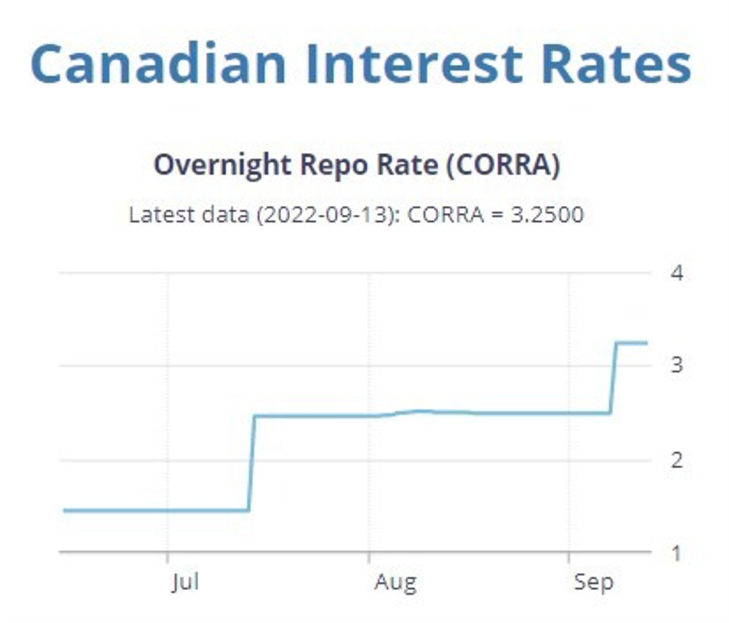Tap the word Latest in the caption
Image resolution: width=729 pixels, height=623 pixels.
click(x=158, y=215)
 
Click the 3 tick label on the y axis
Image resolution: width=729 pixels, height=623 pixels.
click(x=677, y=365)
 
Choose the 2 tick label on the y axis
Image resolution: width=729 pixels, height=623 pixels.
click(x=677, y=459)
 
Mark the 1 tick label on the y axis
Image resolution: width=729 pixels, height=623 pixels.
click(x=677, y=553)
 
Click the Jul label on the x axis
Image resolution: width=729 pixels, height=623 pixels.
click(x=185, y=582)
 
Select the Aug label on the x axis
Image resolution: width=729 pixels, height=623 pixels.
click(x=395, y=582)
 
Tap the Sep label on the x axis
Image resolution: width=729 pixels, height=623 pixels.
click(x=594, y=582)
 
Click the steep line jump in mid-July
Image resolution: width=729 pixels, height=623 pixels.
click(x=252, y=462)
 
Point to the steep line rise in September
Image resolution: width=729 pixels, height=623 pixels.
click(x=614, y=378)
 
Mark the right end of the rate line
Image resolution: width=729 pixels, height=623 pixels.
click(x=647, y=343)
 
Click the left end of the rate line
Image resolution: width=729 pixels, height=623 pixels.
click(x=64, y=510)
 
